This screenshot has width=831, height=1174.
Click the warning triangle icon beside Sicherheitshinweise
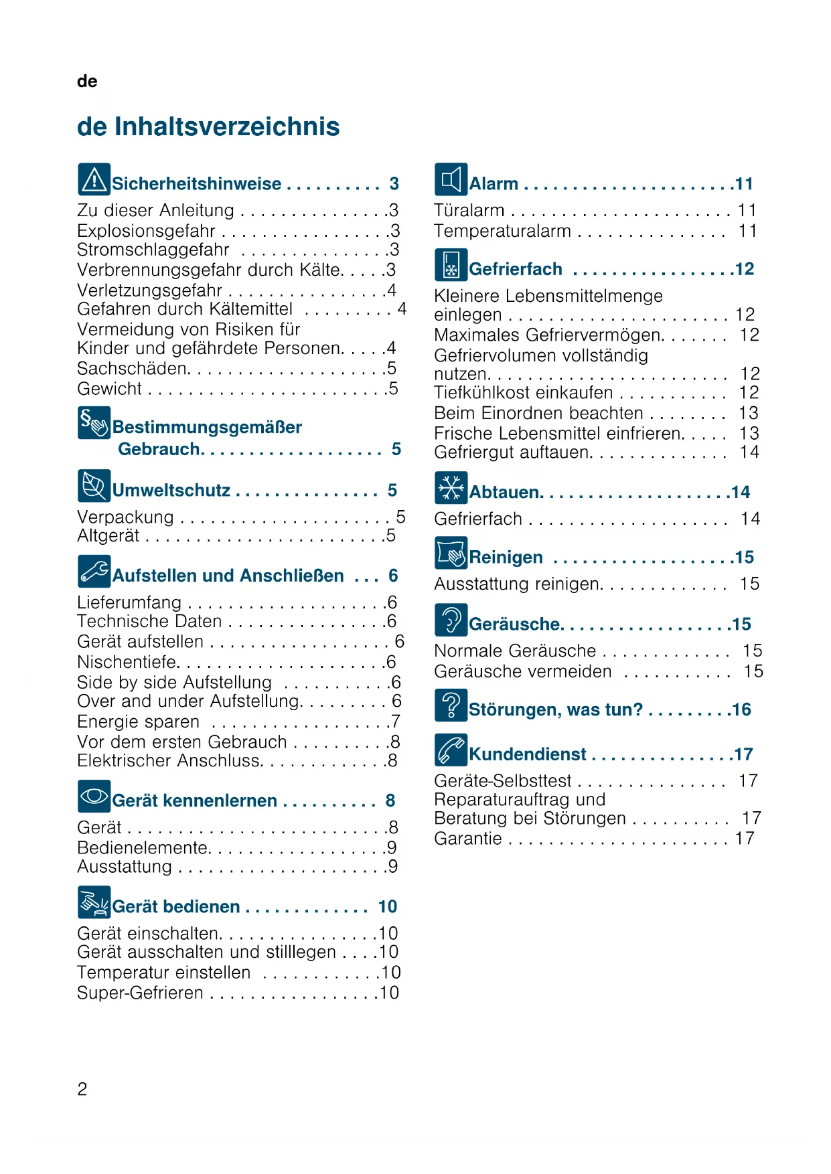94,179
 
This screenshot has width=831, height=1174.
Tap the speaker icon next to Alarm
451,179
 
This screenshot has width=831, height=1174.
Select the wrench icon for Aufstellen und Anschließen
94,572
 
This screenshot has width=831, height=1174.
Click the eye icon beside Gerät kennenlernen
94,796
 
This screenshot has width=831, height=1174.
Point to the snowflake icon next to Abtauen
451,488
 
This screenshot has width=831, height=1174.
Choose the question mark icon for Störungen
451,705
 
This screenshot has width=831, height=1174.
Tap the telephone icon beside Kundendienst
451,750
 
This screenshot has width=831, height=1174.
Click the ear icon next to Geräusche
451,620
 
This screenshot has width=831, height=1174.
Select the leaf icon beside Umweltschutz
94,486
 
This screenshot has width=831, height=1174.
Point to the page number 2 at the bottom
82,1090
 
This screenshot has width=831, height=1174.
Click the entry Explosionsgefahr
146,231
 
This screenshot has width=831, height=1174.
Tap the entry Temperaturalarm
502,231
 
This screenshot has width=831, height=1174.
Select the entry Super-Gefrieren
140,993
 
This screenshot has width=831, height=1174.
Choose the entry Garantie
467,839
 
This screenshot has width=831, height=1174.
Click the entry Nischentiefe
128,662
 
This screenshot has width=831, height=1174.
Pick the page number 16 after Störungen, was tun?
741,709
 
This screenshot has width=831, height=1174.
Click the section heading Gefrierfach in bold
516,269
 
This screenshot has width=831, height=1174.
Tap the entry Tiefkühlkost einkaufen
523,393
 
